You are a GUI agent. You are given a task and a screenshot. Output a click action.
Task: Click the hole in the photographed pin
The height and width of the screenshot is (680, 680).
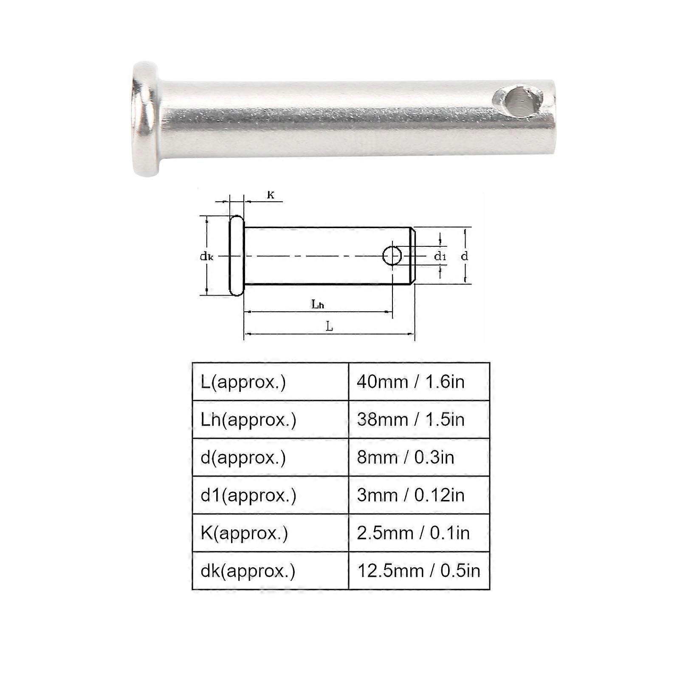pos(519,102)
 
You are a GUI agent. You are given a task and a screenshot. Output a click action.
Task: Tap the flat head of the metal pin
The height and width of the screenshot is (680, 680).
pos(146,119)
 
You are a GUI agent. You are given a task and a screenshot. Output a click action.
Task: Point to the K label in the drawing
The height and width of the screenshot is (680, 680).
pos(271,195)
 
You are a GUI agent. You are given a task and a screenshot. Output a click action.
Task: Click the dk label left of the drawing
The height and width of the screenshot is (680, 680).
pos(206,256)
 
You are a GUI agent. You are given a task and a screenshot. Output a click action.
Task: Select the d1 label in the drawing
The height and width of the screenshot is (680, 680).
pos(440,256)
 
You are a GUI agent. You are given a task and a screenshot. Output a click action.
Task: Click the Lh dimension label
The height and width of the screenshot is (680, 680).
pos(318,304)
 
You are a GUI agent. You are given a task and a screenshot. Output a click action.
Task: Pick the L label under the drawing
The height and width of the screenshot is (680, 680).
pos(329,326)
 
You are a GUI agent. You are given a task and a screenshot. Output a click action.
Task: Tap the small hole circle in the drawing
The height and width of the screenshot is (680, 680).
pos(392,256)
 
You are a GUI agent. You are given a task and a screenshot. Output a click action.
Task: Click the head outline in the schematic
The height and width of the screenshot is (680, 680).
pos(237,255)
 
